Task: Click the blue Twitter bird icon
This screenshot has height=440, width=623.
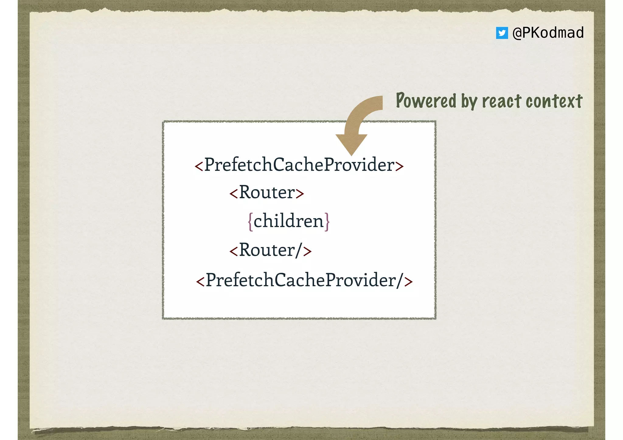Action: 502,33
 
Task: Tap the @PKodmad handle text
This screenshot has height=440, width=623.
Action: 548,33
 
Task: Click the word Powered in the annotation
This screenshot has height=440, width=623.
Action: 426,101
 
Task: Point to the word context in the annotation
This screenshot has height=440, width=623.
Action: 554,101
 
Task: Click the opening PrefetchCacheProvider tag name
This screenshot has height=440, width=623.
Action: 299,165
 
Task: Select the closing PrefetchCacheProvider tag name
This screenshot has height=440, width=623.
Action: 301,280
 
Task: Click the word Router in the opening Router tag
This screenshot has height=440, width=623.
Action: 267,192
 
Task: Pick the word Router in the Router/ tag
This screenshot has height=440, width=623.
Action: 267,250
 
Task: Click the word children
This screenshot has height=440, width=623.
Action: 288,221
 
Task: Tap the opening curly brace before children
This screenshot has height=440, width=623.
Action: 250,222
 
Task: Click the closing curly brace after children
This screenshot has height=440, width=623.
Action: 327,222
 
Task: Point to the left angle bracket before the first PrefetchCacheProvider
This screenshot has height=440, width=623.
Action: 199,166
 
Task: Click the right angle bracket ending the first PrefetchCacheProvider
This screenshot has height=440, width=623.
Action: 399,166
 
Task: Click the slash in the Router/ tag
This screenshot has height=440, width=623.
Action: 299,250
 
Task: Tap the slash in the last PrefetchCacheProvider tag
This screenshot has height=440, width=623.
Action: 400,280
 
